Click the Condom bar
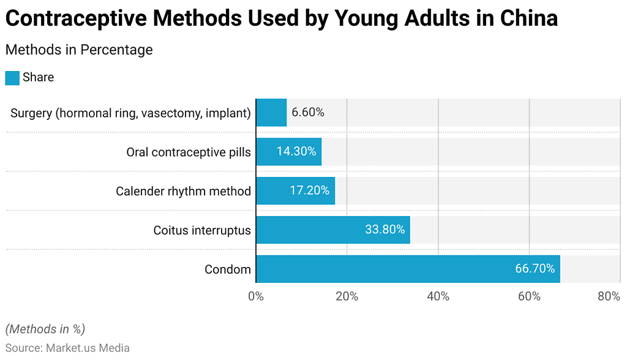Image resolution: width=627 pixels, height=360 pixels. coord(408,269)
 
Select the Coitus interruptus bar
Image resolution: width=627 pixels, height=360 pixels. coord(332,230)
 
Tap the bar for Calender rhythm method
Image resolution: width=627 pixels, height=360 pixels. coord(295,190)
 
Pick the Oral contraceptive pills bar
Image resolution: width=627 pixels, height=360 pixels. coord(288,151)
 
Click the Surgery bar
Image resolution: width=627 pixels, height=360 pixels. coord(271,113)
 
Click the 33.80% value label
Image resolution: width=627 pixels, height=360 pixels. coord(385,230)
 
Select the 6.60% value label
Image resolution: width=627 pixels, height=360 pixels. coord(308,113)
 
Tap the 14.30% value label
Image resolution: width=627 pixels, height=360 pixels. coord(296,151)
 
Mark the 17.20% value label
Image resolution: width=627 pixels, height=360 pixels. coord(309,190)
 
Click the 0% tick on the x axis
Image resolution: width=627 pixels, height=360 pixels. coord(256,296)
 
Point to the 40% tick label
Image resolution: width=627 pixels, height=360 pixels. coord(438,296)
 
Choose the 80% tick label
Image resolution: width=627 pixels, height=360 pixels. coord(609,296)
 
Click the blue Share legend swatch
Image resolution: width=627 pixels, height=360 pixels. coord(12,78)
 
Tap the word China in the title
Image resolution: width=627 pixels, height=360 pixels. coord(528,18)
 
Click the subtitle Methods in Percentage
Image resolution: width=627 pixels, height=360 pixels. coord(79,50)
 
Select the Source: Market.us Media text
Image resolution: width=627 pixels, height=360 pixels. coord(67,348)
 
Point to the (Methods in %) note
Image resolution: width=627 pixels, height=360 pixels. coord(45,329)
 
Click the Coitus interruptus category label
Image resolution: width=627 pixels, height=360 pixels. coord(202,230)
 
